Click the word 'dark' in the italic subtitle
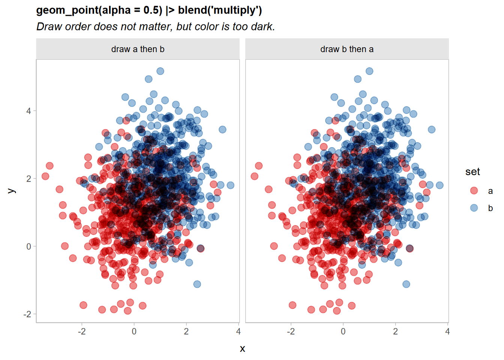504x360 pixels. point(263,27)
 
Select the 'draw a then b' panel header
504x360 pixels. point(138,49)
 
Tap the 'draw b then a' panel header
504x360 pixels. point(347,49)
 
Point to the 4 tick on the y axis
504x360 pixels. point(29,111)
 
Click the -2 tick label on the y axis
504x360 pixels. point(27,314)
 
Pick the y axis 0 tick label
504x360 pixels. point(29,246)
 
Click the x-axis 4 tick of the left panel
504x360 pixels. point(238,331)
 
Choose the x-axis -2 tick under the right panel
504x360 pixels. point(291,331)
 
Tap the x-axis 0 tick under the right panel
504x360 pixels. point(343,331)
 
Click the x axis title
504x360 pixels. point(243,349)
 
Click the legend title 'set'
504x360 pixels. point(472,172)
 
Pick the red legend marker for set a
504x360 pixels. point(474,190)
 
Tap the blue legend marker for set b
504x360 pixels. point(474,208)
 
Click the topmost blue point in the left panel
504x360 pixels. point(160,71)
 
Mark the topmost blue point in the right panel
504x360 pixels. point(369,71)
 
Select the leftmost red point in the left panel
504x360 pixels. point(45,176)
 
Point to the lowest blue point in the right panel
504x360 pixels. point(406,284)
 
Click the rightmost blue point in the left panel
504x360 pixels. point(231,185)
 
